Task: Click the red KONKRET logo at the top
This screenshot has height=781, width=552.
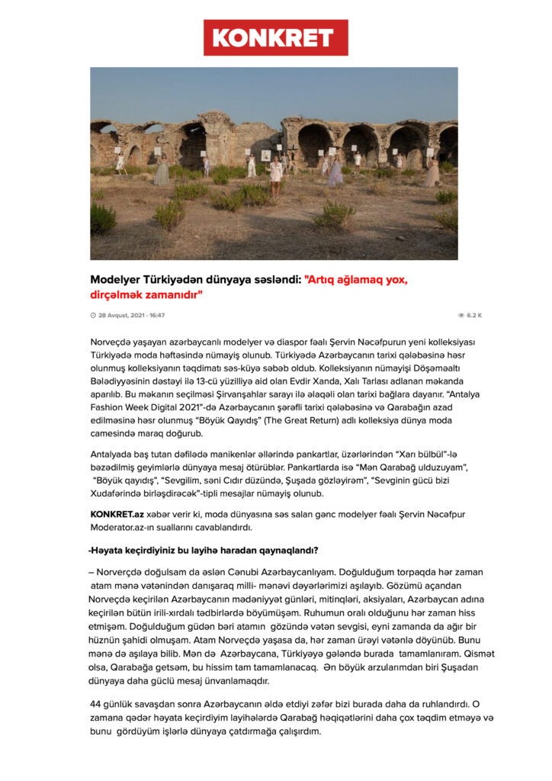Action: click(x=275, y=38)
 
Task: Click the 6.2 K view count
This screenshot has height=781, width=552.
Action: click(x=474, y=315)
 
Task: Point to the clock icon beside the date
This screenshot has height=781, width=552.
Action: click(x=93, y=315)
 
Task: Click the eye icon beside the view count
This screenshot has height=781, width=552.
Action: click(x=461, y=315)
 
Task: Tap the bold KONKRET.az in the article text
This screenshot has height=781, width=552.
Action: click(x=116, y=514)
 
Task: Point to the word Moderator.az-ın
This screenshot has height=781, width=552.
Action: click(x=123, y=527)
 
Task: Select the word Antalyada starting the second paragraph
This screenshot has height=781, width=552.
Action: click(x=115, y=455)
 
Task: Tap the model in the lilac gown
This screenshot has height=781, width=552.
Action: click(x=335, y=172)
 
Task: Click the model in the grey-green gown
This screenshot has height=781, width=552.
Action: click(x=162, y=172)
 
